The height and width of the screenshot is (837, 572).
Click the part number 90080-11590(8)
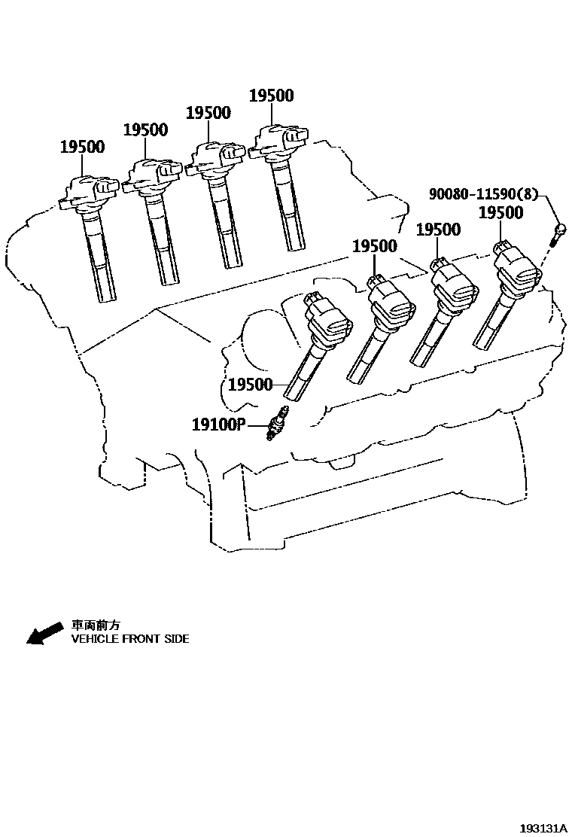[484, 193]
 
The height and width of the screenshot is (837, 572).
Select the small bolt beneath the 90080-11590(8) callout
[558, 231]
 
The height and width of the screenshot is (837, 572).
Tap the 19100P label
[219, 425]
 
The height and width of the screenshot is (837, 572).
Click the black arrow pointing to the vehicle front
[44, 633]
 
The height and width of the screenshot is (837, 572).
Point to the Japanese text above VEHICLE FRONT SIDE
[96, 625]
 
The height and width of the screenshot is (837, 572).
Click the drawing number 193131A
[543, 827]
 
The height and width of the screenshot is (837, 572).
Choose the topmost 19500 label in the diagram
[272, 96]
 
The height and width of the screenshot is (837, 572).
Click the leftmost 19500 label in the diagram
[82, 147]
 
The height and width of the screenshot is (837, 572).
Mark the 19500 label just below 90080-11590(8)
[501, 213]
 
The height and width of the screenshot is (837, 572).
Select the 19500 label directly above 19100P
[250, 385]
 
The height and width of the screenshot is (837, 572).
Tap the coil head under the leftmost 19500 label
[90, 190]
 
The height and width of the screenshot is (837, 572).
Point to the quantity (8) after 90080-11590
[530, 193]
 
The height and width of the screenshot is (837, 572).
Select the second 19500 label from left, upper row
[145, 129]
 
